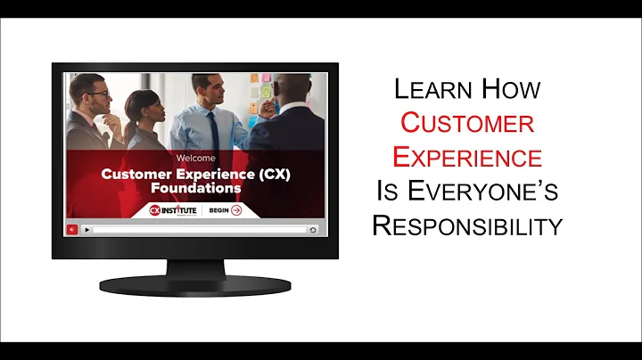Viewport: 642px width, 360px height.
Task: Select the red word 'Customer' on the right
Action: [x=466, y=123]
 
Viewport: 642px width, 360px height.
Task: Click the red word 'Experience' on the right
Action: [x=467, y=158]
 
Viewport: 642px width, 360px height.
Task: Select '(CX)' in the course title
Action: [x=269, y=175]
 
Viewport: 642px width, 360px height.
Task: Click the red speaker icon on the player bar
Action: [x=72, y=229]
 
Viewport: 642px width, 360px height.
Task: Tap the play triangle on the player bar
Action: [x=86, y=229]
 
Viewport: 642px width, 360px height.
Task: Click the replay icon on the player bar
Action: [x=312, y=229]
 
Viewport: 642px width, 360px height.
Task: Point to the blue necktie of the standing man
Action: [x=214, y=125]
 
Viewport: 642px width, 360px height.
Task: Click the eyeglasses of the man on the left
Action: [x=96, y=93]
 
